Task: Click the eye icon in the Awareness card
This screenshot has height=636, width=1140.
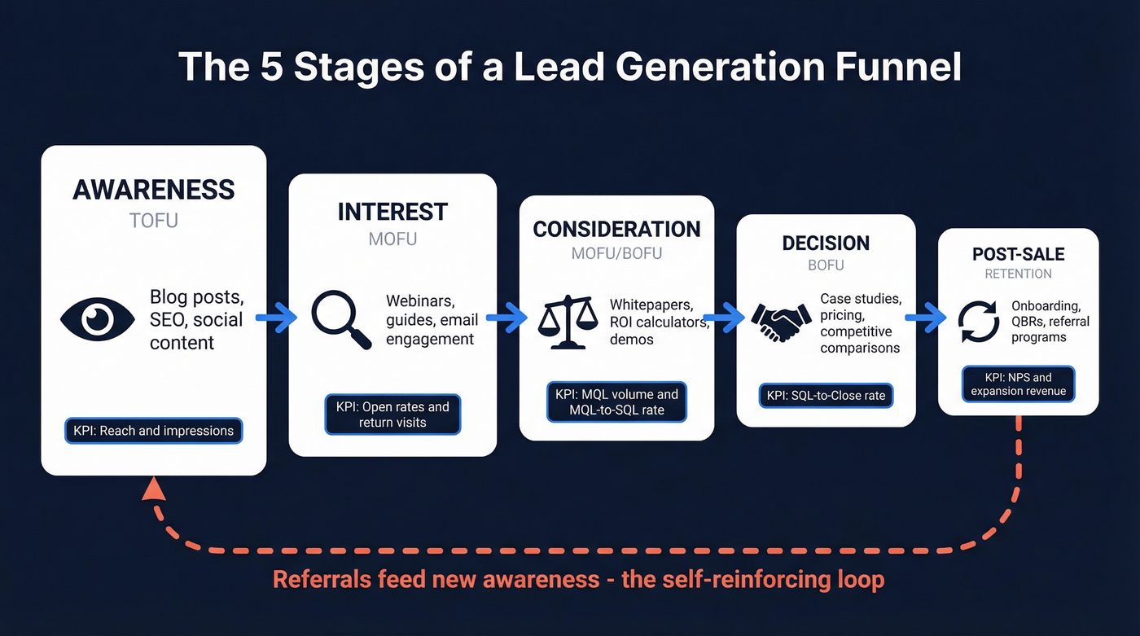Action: (97, 318)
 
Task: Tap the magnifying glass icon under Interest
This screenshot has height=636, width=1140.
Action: (340, 320)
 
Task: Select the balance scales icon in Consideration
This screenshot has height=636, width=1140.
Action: (568, 322)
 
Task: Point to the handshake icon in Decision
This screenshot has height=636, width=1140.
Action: (779, 323)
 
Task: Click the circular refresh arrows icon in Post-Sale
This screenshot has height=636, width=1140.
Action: (978, 322)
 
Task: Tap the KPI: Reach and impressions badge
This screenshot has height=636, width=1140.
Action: (154, 431)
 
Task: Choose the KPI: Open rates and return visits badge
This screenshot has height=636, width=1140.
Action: (392, 414)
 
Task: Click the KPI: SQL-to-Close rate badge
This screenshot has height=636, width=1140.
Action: (826, 397)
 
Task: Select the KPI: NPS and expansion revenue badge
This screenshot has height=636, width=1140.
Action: (1018, 384)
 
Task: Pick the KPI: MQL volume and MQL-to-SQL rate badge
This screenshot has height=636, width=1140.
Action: (616, 402)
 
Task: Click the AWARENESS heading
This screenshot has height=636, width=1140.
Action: (154, 190)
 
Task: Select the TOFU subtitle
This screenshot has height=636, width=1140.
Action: (154, 221)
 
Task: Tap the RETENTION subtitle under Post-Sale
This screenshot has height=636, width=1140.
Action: (1018, 274)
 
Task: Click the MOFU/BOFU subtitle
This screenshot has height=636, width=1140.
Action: (616, 253)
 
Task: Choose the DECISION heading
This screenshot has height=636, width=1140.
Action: (826, 243)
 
